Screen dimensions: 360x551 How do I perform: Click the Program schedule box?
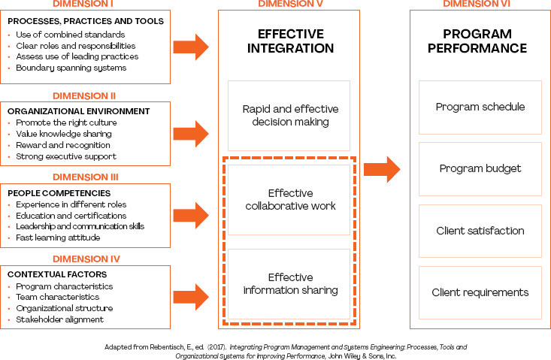pos(480,107)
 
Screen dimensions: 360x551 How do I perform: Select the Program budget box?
pos(480,169)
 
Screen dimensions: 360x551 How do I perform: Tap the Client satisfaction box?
pos(480,231)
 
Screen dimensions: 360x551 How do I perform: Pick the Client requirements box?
pos(480,292)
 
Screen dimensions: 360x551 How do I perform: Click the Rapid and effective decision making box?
pos(289,116)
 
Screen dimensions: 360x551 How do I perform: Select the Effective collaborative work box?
pos(289,198)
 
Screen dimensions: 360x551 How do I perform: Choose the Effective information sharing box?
pos(289,283)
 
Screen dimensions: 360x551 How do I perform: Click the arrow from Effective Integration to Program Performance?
pos(382,168)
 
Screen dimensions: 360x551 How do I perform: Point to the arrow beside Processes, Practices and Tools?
pos(191,47)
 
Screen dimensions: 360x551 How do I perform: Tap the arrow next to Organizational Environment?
pos(191,133)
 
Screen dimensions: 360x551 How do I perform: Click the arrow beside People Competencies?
pos(191,215)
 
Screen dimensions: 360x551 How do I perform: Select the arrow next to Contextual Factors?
pos(191,295)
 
